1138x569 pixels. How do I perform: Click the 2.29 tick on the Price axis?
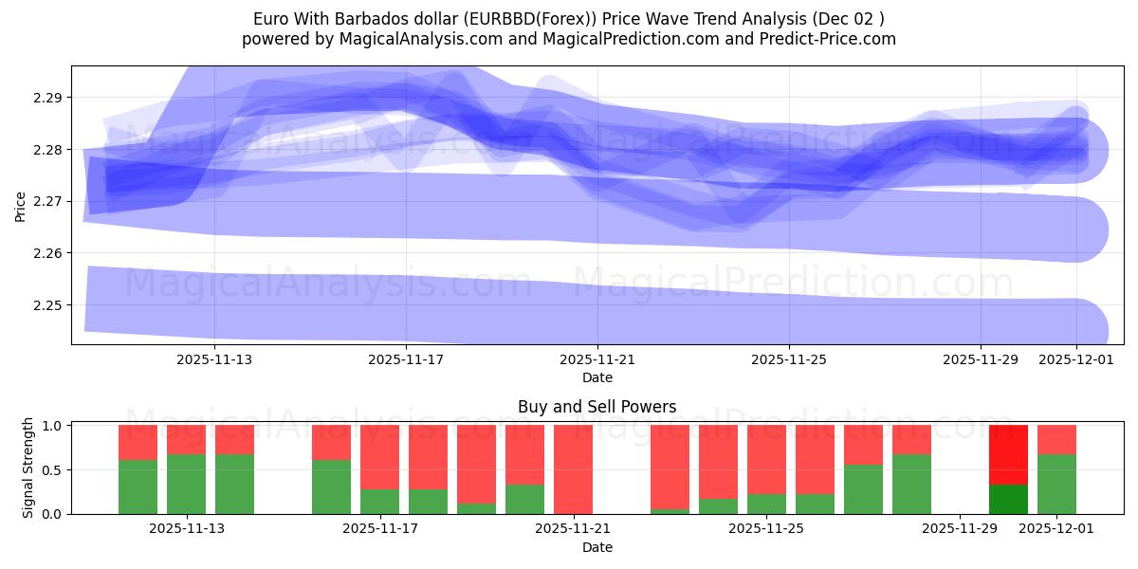[47, 98]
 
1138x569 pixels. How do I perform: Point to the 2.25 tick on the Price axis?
[47, 305]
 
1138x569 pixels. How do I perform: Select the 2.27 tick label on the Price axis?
[47, 202]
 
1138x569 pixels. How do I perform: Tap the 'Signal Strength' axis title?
[28, 468]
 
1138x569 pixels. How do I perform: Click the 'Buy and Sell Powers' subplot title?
[597, 407]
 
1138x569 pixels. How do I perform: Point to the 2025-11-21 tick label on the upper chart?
[597, 360]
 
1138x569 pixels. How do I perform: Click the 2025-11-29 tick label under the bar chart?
[960, 529]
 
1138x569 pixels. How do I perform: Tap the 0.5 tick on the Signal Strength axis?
[52, 470]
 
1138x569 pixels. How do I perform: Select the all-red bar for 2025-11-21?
[573, 469]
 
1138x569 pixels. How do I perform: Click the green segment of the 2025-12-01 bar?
[1056, 484]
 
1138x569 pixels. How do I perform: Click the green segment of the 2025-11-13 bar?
[186, 484]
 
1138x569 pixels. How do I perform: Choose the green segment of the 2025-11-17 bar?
[379, 501]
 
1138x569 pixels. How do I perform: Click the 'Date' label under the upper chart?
[597, 377]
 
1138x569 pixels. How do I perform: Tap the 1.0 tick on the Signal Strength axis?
[52, 426]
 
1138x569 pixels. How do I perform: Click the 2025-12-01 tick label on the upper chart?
[1076, 360]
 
